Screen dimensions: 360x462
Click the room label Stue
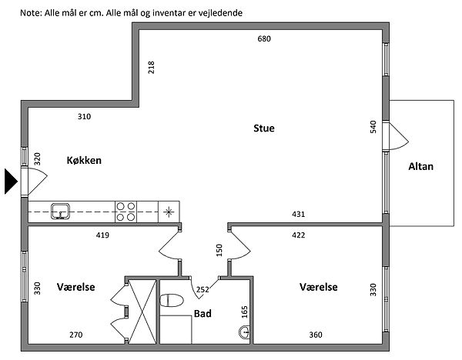[x=264, y=128]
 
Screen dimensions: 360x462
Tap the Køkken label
[x=84, y=161]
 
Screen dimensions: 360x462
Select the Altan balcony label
[x=421, y=165]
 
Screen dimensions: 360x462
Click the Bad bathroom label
[x=203, y=314]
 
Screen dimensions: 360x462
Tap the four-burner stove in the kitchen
[x=126, y=211]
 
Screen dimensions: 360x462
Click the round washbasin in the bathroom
[x=245, y=332]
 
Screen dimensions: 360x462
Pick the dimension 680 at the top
[x=264, y=38]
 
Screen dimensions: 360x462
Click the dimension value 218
[x=152, y=68]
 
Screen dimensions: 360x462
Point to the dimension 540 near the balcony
[x=373, y=127]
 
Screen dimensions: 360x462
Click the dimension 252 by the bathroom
[x=203, y=290]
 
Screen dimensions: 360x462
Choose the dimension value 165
[x=246, y=312]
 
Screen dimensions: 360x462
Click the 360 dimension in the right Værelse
[x=316, y=335]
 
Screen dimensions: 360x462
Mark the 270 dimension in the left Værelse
[x=75, y=335]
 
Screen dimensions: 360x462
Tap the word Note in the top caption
[x=31, y=12]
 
